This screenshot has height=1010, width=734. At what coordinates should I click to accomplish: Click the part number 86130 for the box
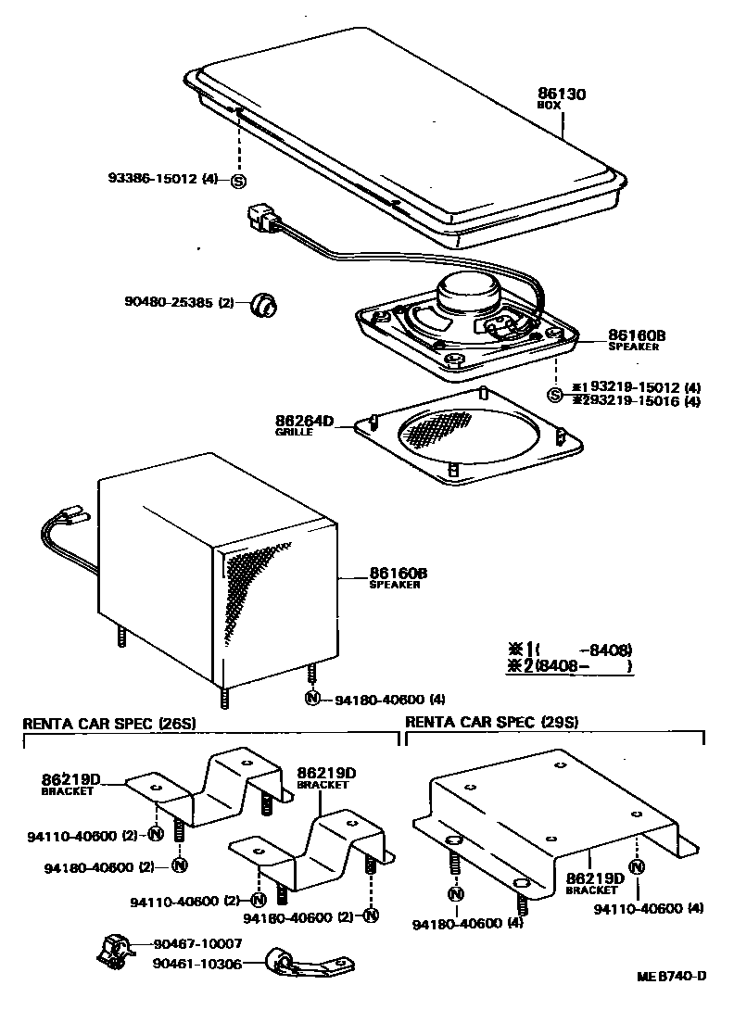tap(562, 94)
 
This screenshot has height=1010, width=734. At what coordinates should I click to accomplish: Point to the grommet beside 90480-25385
tap(266, 302)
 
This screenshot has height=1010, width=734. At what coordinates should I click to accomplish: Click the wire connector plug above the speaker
tap(262, 221)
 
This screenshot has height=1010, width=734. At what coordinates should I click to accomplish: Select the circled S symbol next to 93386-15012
tap(238, 181)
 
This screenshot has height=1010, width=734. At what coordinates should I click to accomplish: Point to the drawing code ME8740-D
tap(672, 976)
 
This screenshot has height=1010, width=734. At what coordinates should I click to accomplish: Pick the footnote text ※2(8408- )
tap(569, 664)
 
